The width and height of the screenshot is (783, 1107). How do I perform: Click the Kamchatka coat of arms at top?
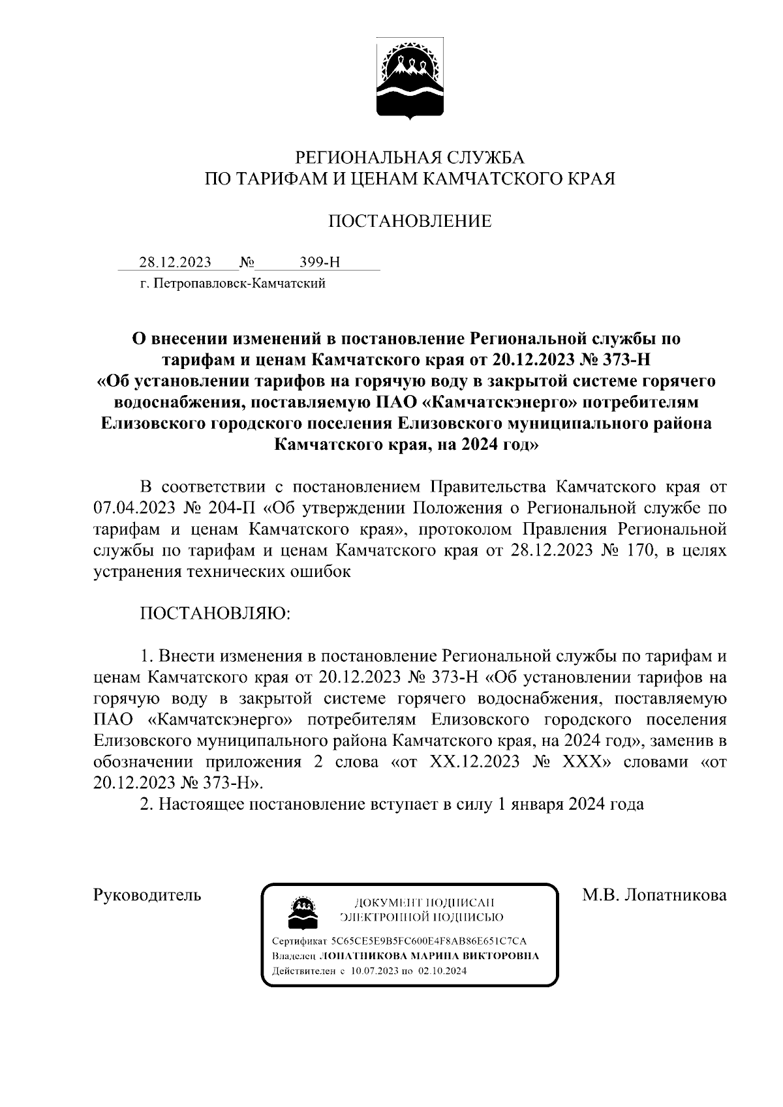point(410,81)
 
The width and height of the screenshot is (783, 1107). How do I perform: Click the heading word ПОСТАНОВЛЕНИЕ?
point(409,221)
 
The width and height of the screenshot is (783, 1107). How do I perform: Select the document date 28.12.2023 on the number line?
point(175,262)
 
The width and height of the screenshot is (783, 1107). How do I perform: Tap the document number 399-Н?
point(320,262)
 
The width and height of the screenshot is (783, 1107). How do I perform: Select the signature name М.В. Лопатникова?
point(654,895)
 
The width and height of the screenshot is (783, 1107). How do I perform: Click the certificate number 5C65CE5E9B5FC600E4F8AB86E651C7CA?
point(429,941)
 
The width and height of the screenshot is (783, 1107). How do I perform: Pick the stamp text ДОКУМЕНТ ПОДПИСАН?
point(423,903)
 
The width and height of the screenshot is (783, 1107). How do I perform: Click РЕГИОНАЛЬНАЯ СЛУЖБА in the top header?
point(410,157)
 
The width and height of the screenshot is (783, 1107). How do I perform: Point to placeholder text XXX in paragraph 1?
point(580,761)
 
